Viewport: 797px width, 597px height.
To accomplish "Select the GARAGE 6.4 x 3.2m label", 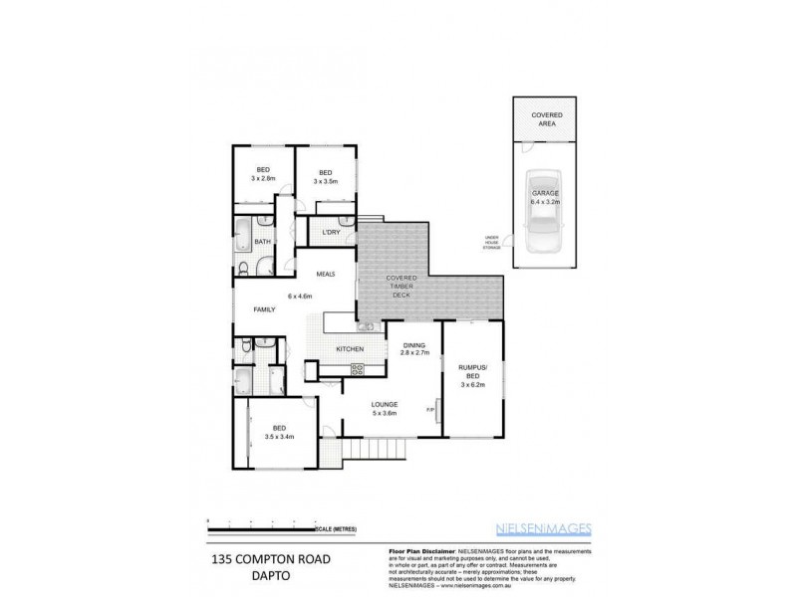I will tap(545, 197).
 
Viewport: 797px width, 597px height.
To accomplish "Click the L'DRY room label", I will tap(331, 233).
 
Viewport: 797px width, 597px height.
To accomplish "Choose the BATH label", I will tap(263, 242).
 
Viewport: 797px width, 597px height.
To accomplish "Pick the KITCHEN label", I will tap(348, 349).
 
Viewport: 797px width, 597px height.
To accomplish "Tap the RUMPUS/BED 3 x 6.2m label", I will tap(473, 374).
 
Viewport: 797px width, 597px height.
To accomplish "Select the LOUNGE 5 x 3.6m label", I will tap(385, 409).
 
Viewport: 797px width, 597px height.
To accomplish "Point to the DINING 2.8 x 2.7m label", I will tap(413, 348).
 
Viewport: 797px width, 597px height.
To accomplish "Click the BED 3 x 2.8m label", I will tap(263, 175).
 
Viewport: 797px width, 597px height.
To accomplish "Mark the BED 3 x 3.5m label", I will tap(325, 177).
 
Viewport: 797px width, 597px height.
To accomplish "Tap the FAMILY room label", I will tap(264, 310).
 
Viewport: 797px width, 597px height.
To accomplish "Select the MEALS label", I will tap(325, 274).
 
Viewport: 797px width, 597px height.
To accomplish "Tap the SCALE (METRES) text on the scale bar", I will tap(337, 528).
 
